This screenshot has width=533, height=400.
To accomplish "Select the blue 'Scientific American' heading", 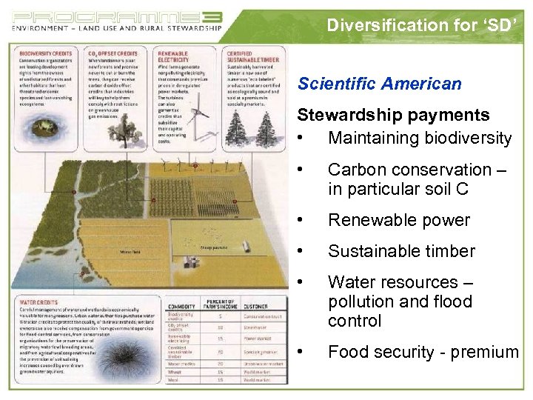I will tap(379, 84).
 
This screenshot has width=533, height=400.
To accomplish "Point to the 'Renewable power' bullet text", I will tap(398, 220).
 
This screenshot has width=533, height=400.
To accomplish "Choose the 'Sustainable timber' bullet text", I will tap(401, 251).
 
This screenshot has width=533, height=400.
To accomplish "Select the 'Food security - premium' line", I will tap(423, 352).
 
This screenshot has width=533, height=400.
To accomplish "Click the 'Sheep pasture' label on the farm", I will tap(213, 247).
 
